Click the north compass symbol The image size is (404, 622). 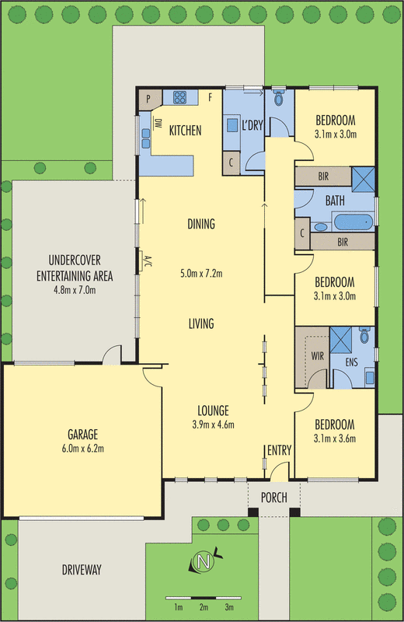point(204,561)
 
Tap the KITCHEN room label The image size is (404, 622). point(185,130)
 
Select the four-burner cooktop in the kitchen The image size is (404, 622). point(179,97)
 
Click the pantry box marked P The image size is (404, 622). point(148,100)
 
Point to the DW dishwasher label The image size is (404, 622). point(158,124)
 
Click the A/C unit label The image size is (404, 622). point(147,261)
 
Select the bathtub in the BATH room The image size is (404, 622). point(353,222)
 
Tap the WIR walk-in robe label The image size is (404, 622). point(318,356)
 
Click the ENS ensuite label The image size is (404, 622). point(351,362)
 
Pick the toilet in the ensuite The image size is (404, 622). point(364,335)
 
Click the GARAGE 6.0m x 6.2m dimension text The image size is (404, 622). point(83,449)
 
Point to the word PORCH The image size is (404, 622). point(274,498)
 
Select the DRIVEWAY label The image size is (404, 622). point(82,570)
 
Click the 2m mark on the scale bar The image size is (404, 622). point(204,607)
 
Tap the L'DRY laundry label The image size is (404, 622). point(252,125)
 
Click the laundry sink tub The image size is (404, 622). point(232,126)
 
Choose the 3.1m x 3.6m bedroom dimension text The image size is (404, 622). point(335,439)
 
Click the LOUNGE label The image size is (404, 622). point(214,411)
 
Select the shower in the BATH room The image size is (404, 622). point(363,180)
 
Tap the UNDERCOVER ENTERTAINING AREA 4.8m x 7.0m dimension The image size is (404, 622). point(75,290)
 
